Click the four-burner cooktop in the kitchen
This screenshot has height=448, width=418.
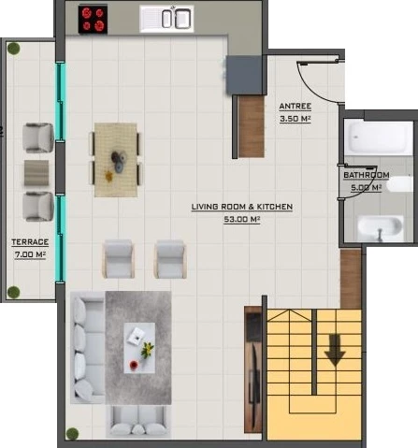[93, 19]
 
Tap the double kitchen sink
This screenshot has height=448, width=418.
[166, 19]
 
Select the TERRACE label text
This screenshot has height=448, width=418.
[30, 242]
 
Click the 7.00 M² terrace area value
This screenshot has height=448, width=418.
[30, 254]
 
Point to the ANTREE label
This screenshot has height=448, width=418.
[295, 107]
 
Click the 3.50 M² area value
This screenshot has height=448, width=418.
[295, 119]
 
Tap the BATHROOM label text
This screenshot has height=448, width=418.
[367, 175]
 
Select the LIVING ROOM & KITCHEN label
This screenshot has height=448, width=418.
[242, 207]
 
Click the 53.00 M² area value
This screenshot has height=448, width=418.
[242, 219]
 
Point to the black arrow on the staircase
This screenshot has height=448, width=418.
[335, 350]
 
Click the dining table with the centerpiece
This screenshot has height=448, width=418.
[116, 160]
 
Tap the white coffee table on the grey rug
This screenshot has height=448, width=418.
[139, 348]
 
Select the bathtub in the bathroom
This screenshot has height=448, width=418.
[379, 138]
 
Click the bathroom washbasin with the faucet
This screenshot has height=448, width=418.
[380, 228]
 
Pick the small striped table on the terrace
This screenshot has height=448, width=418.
[36, 173]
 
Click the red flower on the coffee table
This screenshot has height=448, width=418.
[134, 365]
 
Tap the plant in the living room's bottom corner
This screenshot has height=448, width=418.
[72, 434]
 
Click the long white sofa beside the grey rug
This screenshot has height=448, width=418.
[87, 348]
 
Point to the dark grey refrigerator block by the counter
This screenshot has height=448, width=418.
[244, 75]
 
